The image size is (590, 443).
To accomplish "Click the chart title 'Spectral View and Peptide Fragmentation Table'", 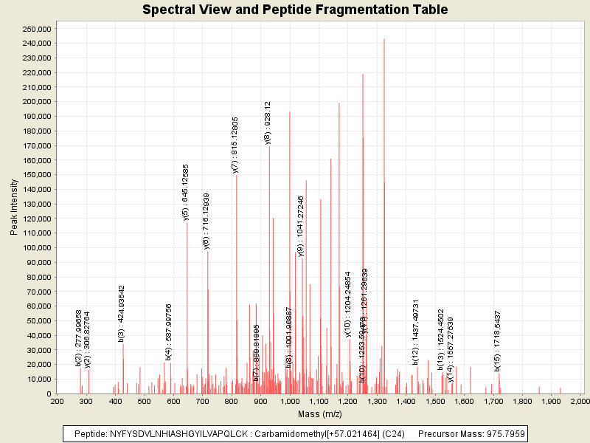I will tap(295, 10).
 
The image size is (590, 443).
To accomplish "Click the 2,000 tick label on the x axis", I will tap(580, 401).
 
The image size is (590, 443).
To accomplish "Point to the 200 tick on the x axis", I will tap(57, 401).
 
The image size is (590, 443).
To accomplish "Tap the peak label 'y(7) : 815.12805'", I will tap(235, 145).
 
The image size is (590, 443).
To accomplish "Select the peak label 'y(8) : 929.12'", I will tap(268, 123).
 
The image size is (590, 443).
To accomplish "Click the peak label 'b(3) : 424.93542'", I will tap(122, 313).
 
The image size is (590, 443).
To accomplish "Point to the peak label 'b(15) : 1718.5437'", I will tap(498, 340).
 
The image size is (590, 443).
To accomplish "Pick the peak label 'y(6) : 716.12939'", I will tap(206, 221).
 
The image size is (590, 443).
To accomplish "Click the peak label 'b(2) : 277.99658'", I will tap(79, 338).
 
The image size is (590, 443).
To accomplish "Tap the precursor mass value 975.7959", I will tap(502, 433).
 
